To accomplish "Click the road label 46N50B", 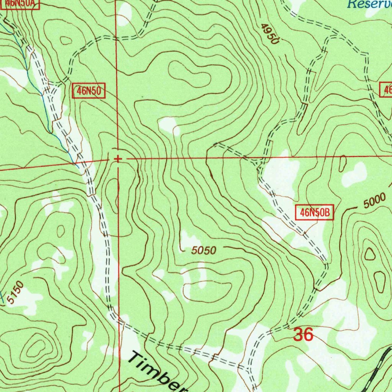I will tap(314, 212).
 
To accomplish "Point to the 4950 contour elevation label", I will tap(269, 34).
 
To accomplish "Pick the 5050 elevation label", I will tap(204, 251).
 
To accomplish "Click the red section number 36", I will tap(303, 335).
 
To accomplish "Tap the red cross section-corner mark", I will tap(118, 158).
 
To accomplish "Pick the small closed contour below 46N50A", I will tap(66, 40).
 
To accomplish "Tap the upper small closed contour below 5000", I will tap(370, 253).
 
